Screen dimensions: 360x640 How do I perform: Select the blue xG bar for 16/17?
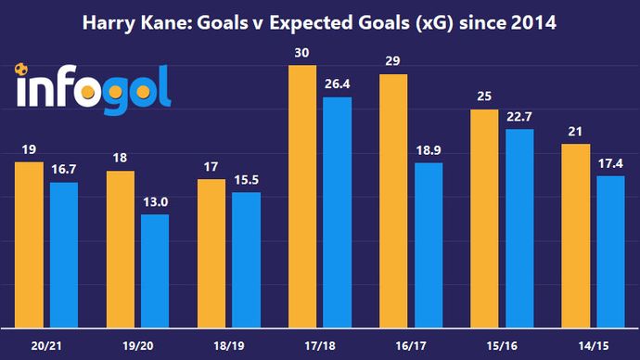428,245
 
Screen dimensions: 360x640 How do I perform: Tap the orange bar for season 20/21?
30,245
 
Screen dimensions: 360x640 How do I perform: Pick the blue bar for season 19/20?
154,270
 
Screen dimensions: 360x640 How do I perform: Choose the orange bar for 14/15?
577,236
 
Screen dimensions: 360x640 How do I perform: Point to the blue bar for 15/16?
518,227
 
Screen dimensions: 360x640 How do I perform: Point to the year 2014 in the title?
532,21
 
